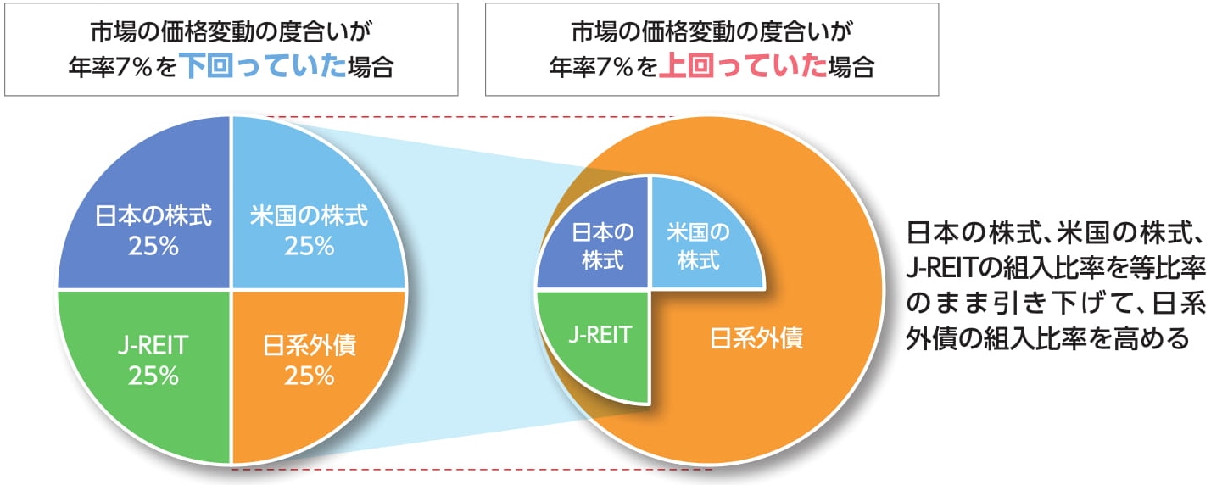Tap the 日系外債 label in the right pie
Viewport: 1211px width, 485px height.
point(756,342)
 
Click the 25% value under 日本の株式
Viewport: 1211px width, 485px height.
point(153,247)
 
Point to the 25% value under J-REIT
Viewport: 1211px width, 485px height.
point(153,376)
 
